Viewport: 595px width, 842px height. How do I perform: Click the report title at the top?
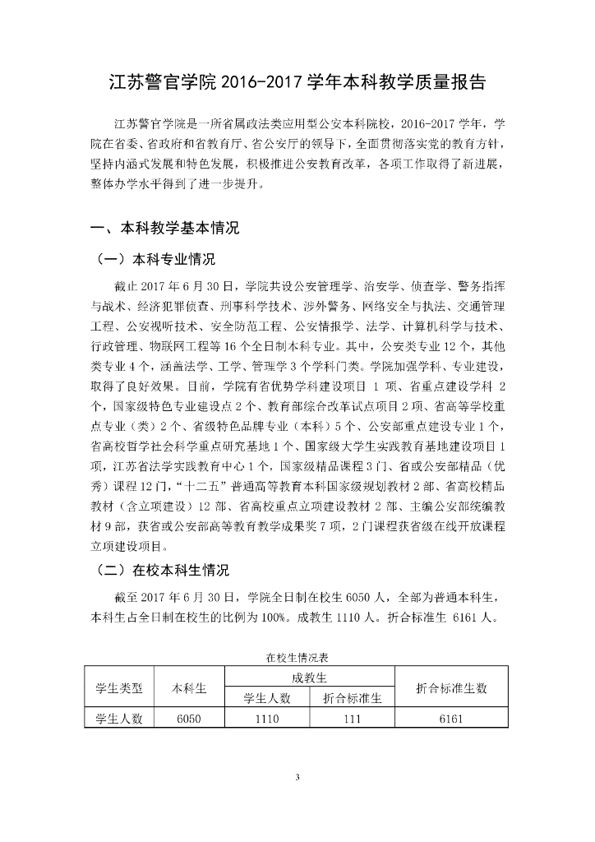tap(297, 83)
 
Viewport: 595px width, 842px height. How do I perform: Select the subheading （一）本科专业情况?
tap(156, 260)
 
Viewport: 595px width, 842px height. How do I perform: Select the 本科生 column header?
tap(188, 688)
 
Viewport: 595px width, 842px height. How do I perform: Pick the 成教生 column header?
tap(309, 678)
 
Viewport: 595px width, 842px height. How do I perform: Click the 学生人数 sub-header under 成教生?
tap(267, 698)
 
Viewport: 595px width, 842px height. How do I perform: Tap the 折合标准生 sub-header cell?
tap(352, 698)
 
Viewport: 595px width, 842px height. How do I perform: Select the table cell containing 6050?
tap(188, 719)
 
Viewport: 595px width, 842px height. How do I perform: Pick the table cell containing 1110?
tap(267, 719)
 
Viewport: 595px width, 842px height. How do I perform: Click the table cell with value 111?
tap(352, 719)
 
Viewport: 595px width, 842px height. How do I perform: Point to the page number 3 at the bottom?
tap(297, 777)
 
